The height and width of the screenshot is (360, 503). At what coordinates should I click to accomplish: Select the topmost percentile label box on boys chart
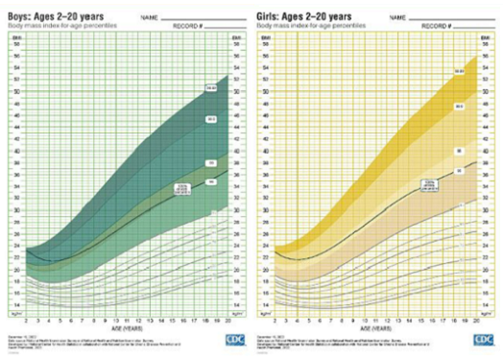point(210,89)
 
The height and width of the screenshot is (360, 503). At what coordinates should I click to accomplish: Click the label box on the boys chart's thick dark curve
point(180,190)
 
